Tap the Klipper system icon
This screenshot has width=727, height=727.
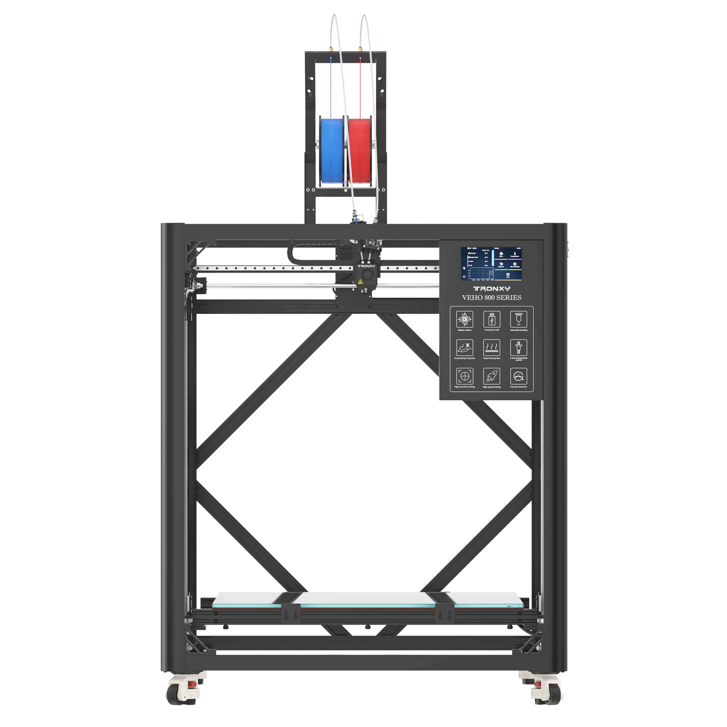click(464, 319)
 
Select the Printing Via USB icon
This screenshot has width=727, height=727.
click(491, 319)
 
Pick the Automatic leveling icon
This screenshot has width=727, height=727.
click(518, 319)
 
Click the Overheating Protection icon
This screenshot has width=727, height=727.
click(464, 347)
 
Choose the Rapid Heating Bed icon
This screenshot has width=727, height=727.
click(491, 347)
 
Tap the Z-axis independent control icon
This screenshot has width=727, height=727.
click(518, 347)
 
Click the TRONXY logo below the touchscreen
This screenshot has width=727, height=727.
click(491, 289)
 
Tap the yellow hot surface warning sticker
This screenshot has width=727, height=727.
click(360, 281)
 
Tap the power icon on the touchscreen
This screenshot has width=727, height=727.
click(464, 277)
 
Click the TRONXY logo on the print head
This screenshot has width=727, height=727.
click(366, 266)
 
